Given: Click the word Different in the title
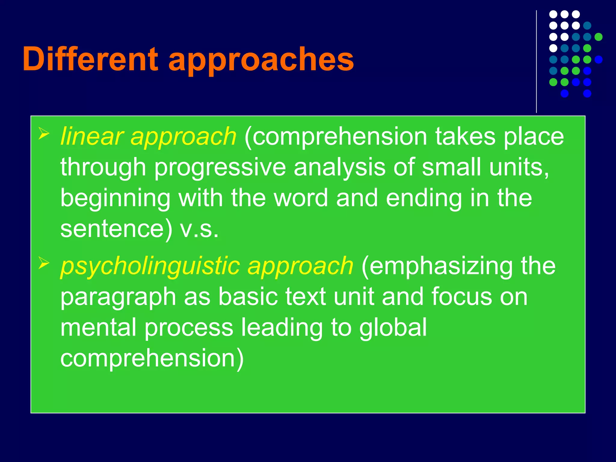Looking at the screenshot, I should click(90, 59).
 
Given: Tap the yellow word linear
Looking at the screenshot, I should click(92, 136).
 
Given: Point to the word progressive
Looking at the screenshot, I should click(220, 168).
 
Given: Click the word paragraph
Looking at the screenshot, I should click(118, 297).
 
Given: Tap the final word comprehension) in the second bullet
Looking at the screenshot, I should click(152, 358).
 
